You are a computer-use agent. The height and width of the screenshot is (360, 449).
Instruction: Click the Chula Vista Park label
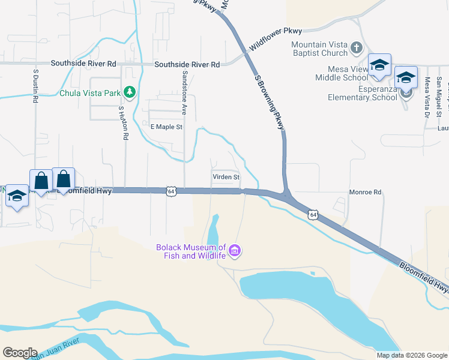[x=89, y=93]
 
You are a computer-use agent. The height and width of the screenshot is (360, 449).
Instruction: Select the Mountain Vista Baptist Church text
[x=319, y=49]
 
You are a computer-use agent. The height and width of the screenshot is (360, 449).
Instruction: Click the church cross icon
[x=356, y=47]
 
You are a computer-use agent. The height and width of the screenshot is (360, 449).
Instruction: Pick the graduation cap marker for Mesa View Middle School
[x=379, y=65]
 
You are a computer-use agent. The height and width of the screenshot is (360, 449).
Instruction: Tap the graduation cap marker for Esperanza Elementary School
[x=406, y=77]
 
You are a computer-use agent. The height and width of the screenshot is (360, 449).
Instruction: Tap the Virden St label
[x=226, y=178]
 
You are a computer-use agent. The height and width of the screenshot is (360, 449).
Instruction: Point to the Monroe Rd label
[x=366, y=193]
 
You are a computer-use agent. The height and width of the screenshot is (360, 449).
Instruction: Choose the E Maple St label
[x=166, y=127]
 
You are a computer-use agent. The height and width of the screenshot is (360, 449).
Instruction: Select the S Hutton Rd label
[x=122, y=124]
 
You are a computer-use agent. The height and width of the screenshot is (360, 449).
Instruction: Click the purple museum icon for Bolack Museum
[x=235, y=250]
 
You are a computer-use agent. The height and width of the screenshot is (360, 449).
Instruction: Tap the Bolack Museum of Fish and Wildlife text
[x=191, y=251]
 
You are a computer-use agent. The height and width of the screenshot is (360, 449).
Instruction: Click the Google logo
[x=20, y=353]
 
